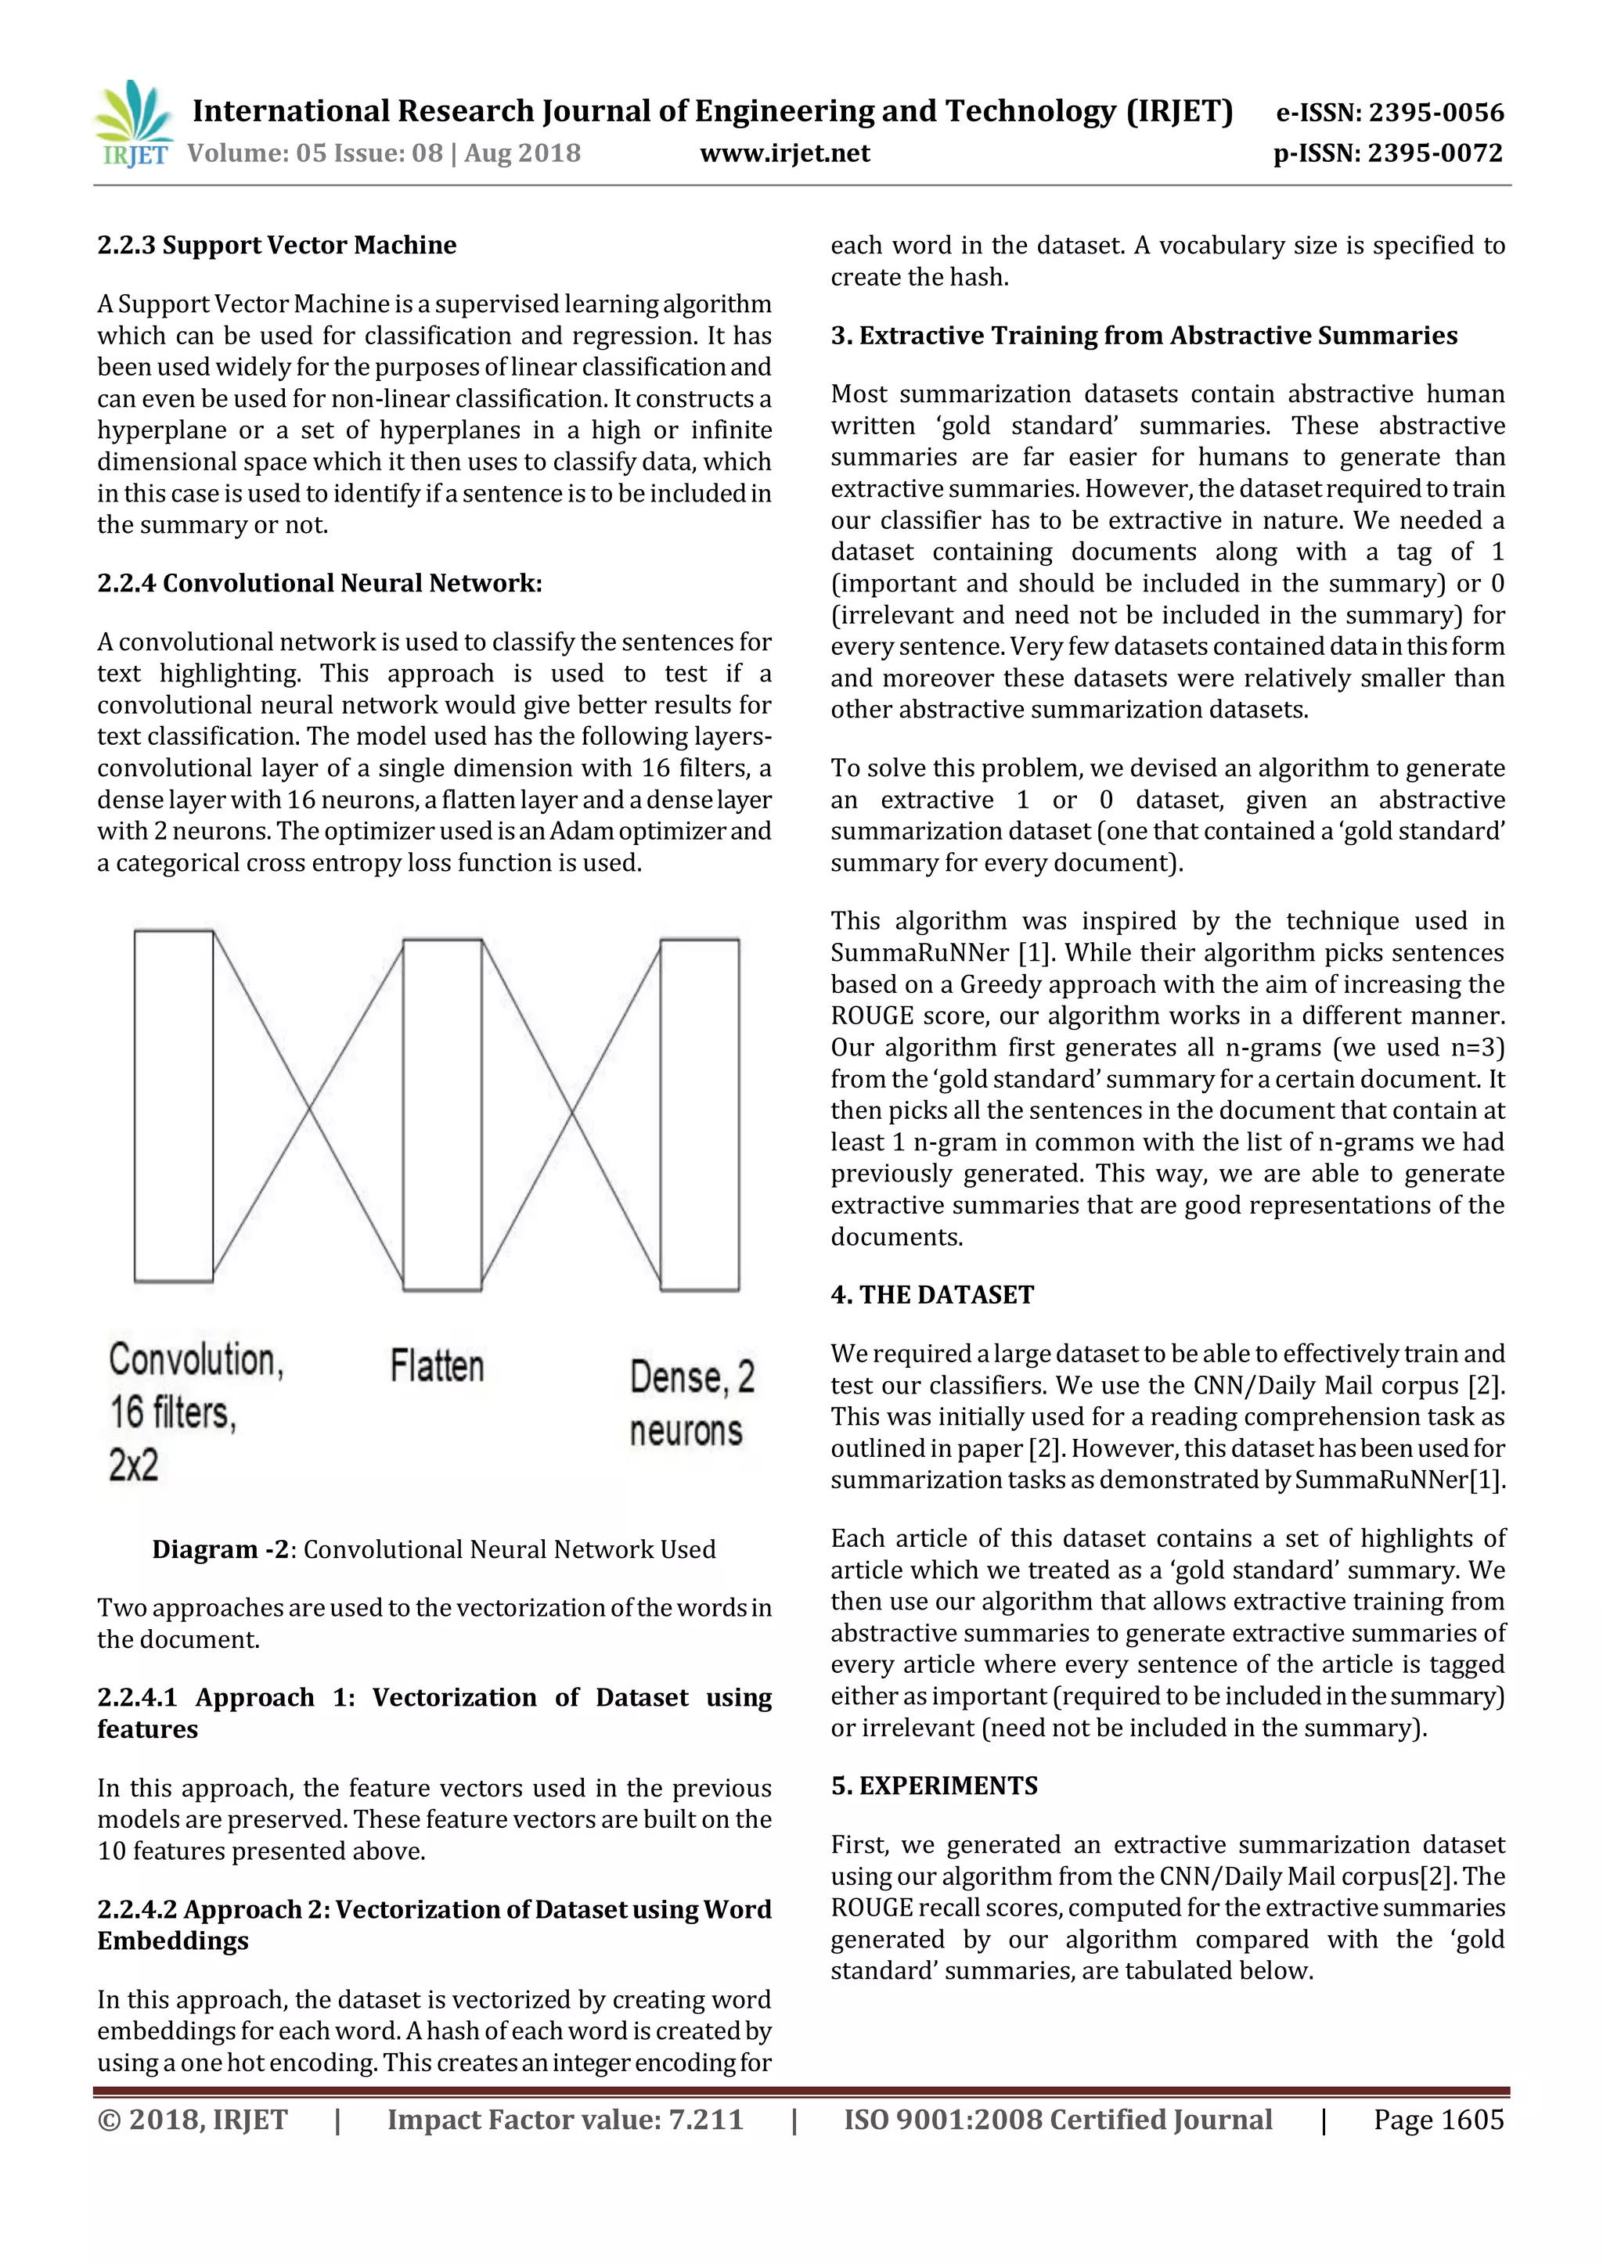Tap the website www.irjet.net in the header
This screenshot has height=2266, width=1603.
coord(785,153)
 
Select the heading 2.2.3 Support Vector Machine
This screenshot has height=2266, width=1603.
coord(276,245)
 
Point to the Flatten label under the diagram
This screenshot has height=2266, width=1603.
coord(438,1367)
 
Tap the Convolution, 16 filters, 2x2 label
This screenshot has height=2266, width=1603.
coord(196,1412)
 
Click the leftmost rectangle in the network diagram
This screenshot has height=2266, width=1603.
coord(174,1106)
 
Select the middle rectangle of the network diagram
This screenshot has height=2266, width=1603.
coord(442,1115)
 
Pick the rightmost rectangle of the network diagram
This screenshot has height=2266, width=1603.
coord(699,1115)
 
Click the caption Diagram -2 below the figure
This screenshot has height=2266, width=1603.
coord(434,1549)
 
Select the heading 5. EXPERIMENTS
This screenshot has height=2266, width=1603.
coord(934,1786)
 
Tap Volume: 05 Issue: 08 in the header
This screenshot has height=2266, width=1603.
coord(315,153)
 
